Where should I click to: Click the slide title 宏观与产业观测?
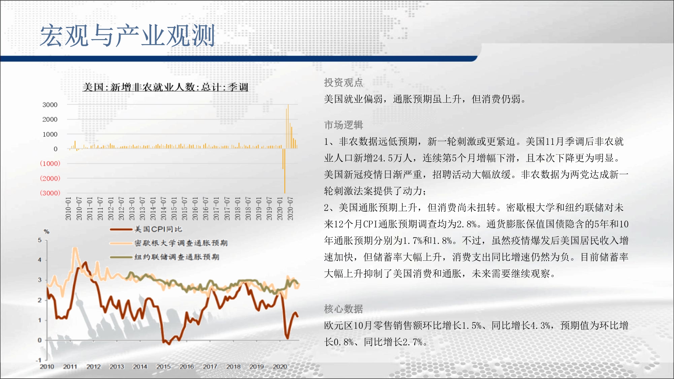coord(127,35)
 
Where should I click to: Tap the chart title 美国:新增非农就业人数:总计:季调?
coord(165,87)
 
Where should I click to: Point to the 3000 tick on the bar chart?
coord(50,105)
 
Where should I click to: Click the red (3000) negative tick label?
coord(50,193)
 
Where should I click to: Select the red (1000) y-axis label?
coord(50,163)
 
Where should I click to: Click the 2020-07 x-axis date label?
coord(290,209)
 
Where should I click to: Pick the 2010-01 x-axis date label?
coord(68,209)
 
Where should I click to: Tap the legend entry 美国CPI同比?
coord(158,229)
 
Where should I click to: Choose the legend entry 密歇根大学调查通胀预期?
coord(181,243)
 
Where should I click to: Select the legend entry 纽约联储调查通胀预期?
coord(177,257)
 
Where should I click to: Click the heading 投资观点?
coord(343,83)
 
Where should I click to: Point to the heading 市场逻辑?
coord(343,125)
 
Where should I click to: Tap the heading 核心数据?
coord(343,309)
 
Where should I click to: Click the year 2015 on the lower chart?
coord(163,367)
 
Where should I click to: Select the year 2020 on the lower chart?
coord(280,367)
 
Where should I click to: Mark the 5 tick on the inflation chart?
coord(40,240)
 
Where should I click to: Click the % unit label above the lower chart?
coord(47,231)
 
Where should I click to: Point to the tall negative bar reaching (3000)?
coord(285,171)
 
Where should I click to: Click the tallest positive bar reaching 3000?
coord(288,126)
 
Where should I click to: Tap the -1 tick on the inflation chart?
coord(39,360)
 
